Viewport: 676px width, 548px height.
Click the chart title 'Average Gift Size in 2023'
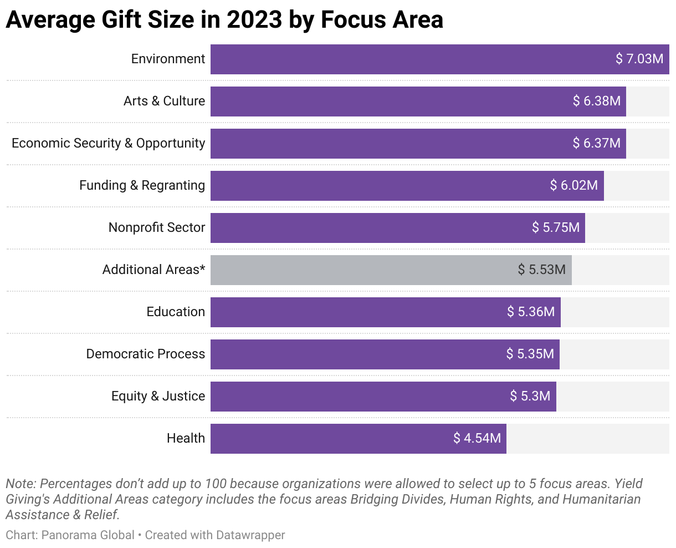pyautogui.click(x=224, y=20)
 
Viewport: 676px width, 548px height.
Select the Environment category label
pyautogui.click(x=168, y=59)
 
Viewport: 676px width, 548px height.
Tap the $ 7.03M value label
pyautogui.click(x=639, y=59)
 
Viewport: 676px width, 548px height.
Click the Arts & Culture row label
pyautogui.click(x=164, y=101)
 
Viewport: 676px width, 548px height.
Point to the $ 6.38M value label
pyautogui.click(x=596, y=101)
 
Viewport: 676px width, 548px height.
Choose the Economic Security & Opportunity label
pyautogui.click(x=108, y=143)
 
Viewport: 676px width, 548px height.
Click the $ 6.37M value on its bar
pyautogui.click(x=596, y=143)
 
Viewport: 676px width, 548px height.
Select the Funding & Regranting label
pyautogui.click(x=142, y=185)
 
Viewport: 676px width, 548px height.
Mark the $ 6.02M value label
pyautogui.click(x=573, y=185)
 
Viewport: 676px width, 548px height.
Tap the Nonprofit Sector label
pyautogui.click(x=157, y=227)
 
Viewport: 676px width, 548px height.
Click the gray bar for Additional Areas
pyautogui.click(x=360, y=270)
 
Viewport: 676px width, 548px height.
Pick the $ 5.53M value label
pyautogui.click(x=541, y=270)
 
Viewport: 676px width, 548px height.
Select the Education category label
pyautogui.click(x=176, y=312)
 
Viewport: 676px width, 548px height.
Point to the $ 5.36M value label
pyautogui.click(x=530, y=312)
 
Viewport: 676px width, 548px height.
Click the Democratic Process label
pyautogui.click(x=145, y=354)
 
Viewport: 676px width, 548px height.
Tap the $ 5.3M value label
pyautogui.click(x=530, y=396)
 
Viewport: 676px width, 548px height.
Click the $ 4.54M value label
pyautogui.click(x=477, y=438)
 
